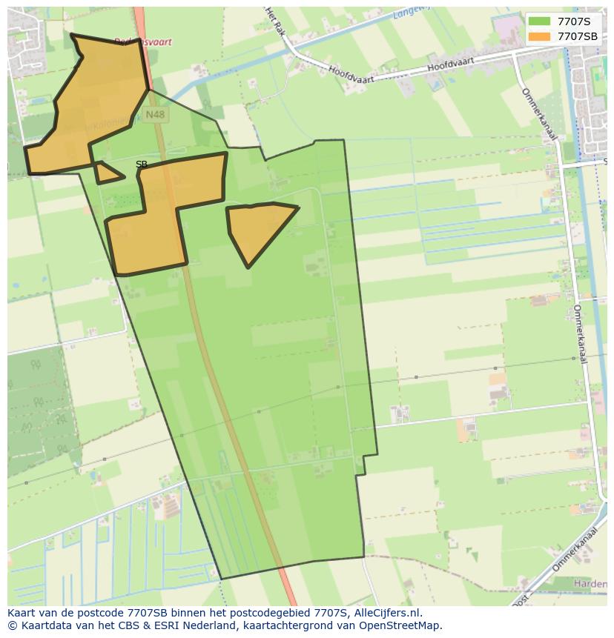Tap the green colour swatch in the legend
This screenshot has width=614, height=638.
tap(539, 21)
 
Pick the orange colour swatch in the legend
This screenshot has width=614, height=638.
tap(539, 36)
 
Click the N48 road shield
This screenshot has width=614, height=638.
tap(156, 115)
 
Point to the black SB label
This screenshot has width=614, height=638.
tap(142, 165)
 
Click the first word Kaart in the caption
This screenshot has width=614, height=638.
tap(22, 613)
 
